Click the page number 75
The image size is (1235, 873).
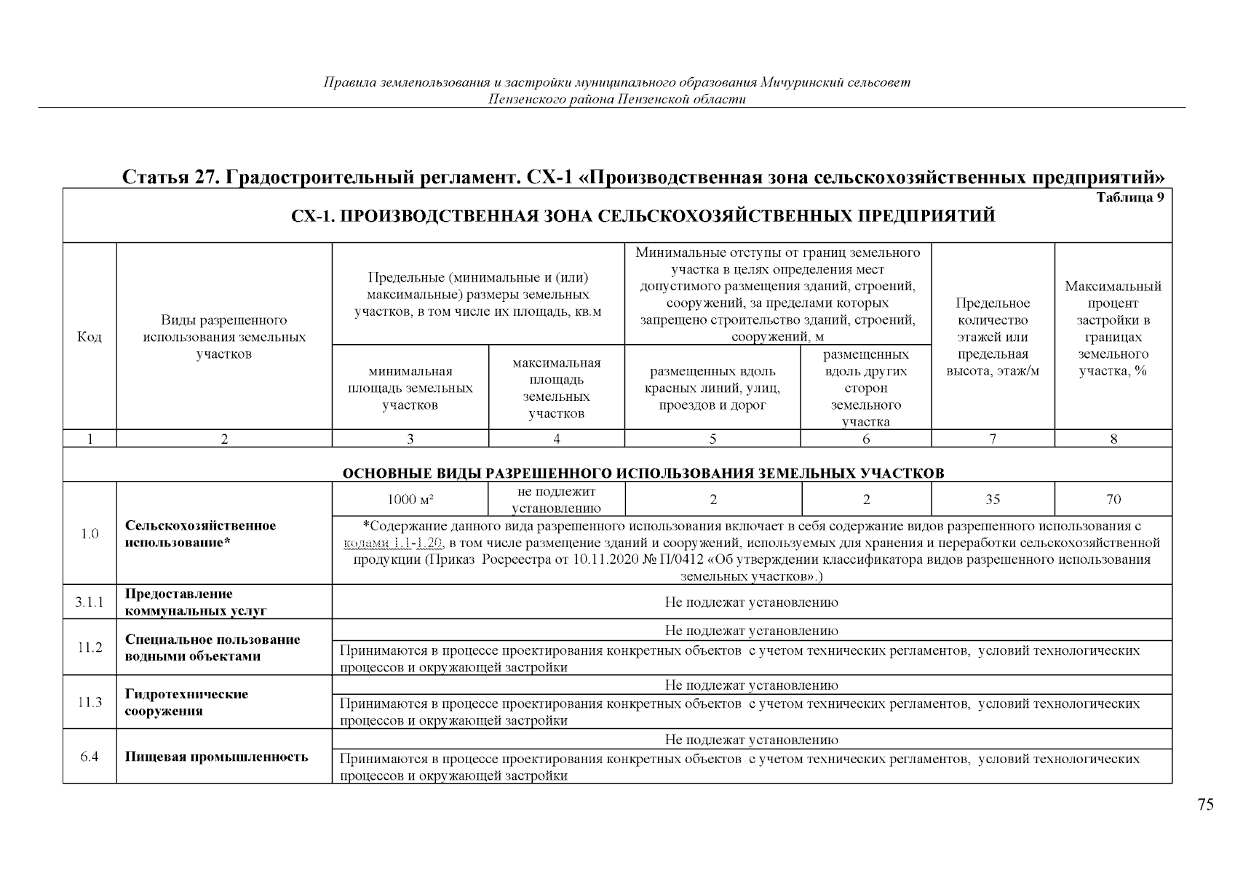coord(1205,805)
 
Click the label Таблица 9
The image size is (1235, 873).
coord(1129,198)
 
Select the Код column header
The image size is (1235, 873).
coord(90,337)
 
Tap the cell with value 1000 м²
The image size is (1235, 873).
coord(410,499)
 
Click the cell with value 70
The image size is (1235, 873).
coord(1113,499)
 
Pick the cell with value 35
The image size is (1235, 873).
coord(993,499)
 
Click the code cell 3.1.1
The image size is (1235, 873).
coord(90,602)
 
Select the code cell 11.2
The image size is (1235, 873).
coord(90,647)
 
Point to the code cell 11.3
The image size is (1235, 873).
coord(90,702)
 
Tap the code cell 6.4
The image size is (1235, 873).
coord(90,757)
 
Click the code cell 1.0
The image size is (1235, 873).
coord(90,533)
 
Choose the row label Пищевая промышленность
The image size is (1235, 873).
coord(216,757)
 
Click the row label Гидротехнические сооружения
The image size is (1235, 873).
coord(186,702)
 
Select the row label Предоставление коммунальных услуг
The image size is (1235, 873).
coord(195,602)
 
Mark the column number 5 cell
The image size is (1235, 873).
coord(712,439)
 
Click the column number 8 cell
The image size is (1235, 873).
coord(1113,439)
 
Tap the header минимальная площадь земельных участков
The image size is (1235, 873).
coord(410,388)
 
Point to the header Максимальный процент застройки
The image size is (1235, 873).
coord(1113,328)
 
